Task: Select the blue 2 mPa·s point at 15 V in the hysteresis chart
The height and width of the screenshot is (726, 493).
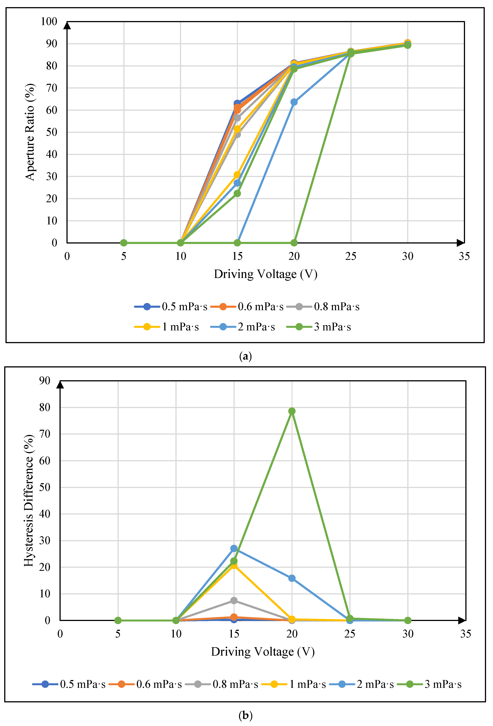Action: coord(234,549)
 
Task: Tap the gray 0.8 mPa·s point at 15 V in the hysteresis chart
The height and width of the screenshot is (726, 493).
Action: coord(234,600)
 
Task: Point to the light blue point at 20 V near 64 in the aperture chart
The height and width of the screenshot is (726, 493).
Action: coord(294,102)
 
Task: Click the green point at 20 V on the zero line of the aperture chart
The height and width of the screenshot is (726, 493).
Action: coord(294,243)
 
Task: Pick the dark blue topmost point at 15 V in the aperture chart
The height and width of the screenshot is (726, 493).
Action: coord(237,103)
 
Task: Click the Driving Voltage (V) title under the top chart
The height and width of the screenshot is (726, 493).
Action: coord(265,274)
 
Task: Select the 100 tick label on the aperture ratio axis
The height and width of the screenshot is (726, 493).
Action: coord(49,22)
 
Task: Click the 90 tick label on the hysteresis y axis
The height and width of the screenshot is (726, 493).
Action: coord(45,381)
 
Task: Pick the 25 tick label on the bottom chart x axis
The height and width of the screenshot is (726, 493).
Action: coord(350,634)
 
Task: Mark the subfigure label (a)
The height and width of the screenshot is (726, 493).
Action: coord(245,356)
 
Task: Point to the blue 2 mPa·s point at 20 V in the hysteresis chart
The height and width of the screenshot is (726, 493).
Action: coord(292,578)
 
